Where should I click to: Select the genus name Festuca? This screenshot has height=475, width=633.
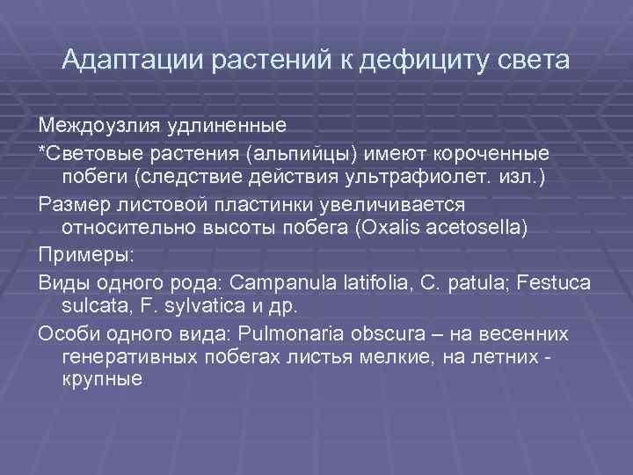point(557,283)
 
